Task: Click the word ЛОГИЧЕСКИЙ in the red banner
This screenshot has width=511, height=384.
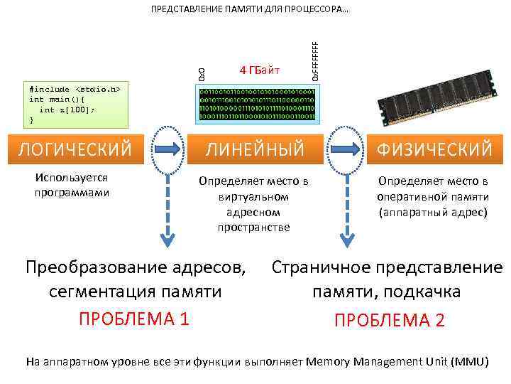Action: (75, 149)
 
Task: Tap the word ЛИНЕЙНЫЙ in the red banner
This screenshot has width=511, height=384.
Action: (255, 149)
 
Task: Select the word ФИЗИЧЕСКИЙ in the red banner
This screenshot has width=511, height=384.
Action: (434, 149)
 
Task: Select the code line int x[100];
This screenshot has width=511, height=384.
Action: (67, 110)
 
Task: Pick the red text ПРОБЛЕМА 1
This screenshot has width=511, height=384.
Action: (134, 319)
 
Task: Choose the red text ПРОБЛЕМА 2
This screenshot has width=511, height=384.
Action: (390, 320)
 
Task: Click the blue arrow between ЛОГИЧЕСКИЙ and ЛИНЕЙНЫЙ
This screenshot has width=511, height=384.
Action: (165, 149)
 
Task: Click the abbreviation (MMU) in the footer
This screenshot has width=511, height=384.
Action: (469, 361)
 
